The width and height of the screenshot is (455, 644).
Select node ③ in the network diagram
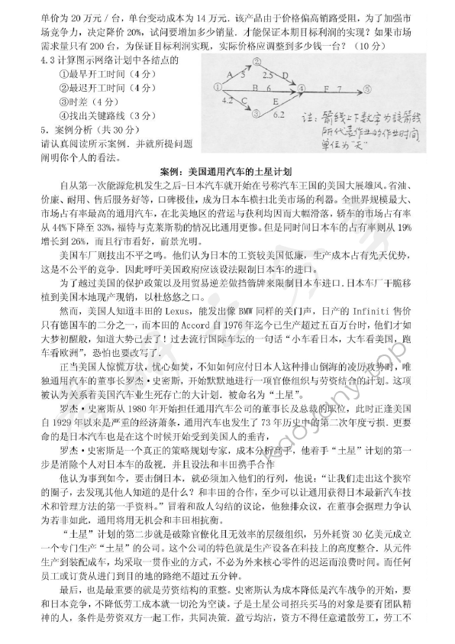coord(257,111)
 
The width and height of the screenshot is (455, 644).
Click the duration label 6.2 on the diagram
coord(277,114)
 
